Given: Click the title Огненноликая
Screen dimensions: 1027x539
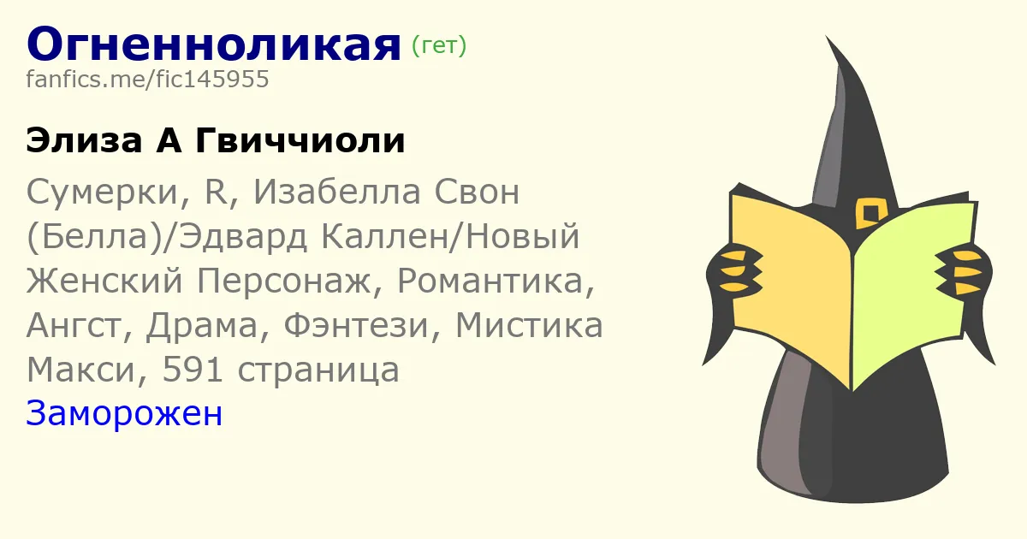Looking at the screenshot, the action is coord(214,44).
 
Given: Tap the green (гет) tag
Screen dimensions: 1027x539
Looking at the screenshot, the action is coord(439,45).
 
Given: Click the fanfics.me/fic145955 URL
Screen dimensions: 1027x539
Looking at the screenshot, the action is coord(147,80).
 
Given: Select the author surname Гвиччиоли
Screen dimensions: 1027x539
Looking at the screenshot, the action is coord(300,141).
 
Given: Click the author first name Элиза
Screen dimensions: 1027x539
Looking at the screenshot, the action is coord(84,141).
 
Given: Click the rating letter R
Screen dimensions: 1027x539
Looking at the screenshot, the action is coord(216,192).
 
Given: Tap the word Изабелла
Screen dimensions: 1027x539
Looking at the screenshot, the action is coord(337,192).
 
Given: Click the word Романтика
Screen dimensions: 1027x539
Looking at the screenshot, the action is coord(496,281).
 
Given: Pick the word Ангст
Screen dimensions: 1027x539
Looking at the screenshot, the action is coord(80,325).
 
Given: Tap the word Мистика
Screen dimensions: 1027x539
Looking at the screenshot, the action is coord(529,325).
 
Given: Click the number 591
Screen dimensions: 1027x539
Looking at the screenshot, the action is coord(193,370).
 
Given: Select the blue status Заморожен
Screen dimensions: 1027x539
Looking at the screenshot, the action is coord(124,413).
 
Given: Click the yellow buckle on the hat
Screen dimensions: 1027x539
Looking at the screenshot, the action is coord(870,213).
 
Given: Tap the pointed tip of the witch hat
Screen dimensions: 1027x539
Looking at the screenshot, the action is coord(827,37).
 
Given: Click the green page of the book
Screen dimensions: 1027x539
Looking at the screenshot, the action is coord(912,293).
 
